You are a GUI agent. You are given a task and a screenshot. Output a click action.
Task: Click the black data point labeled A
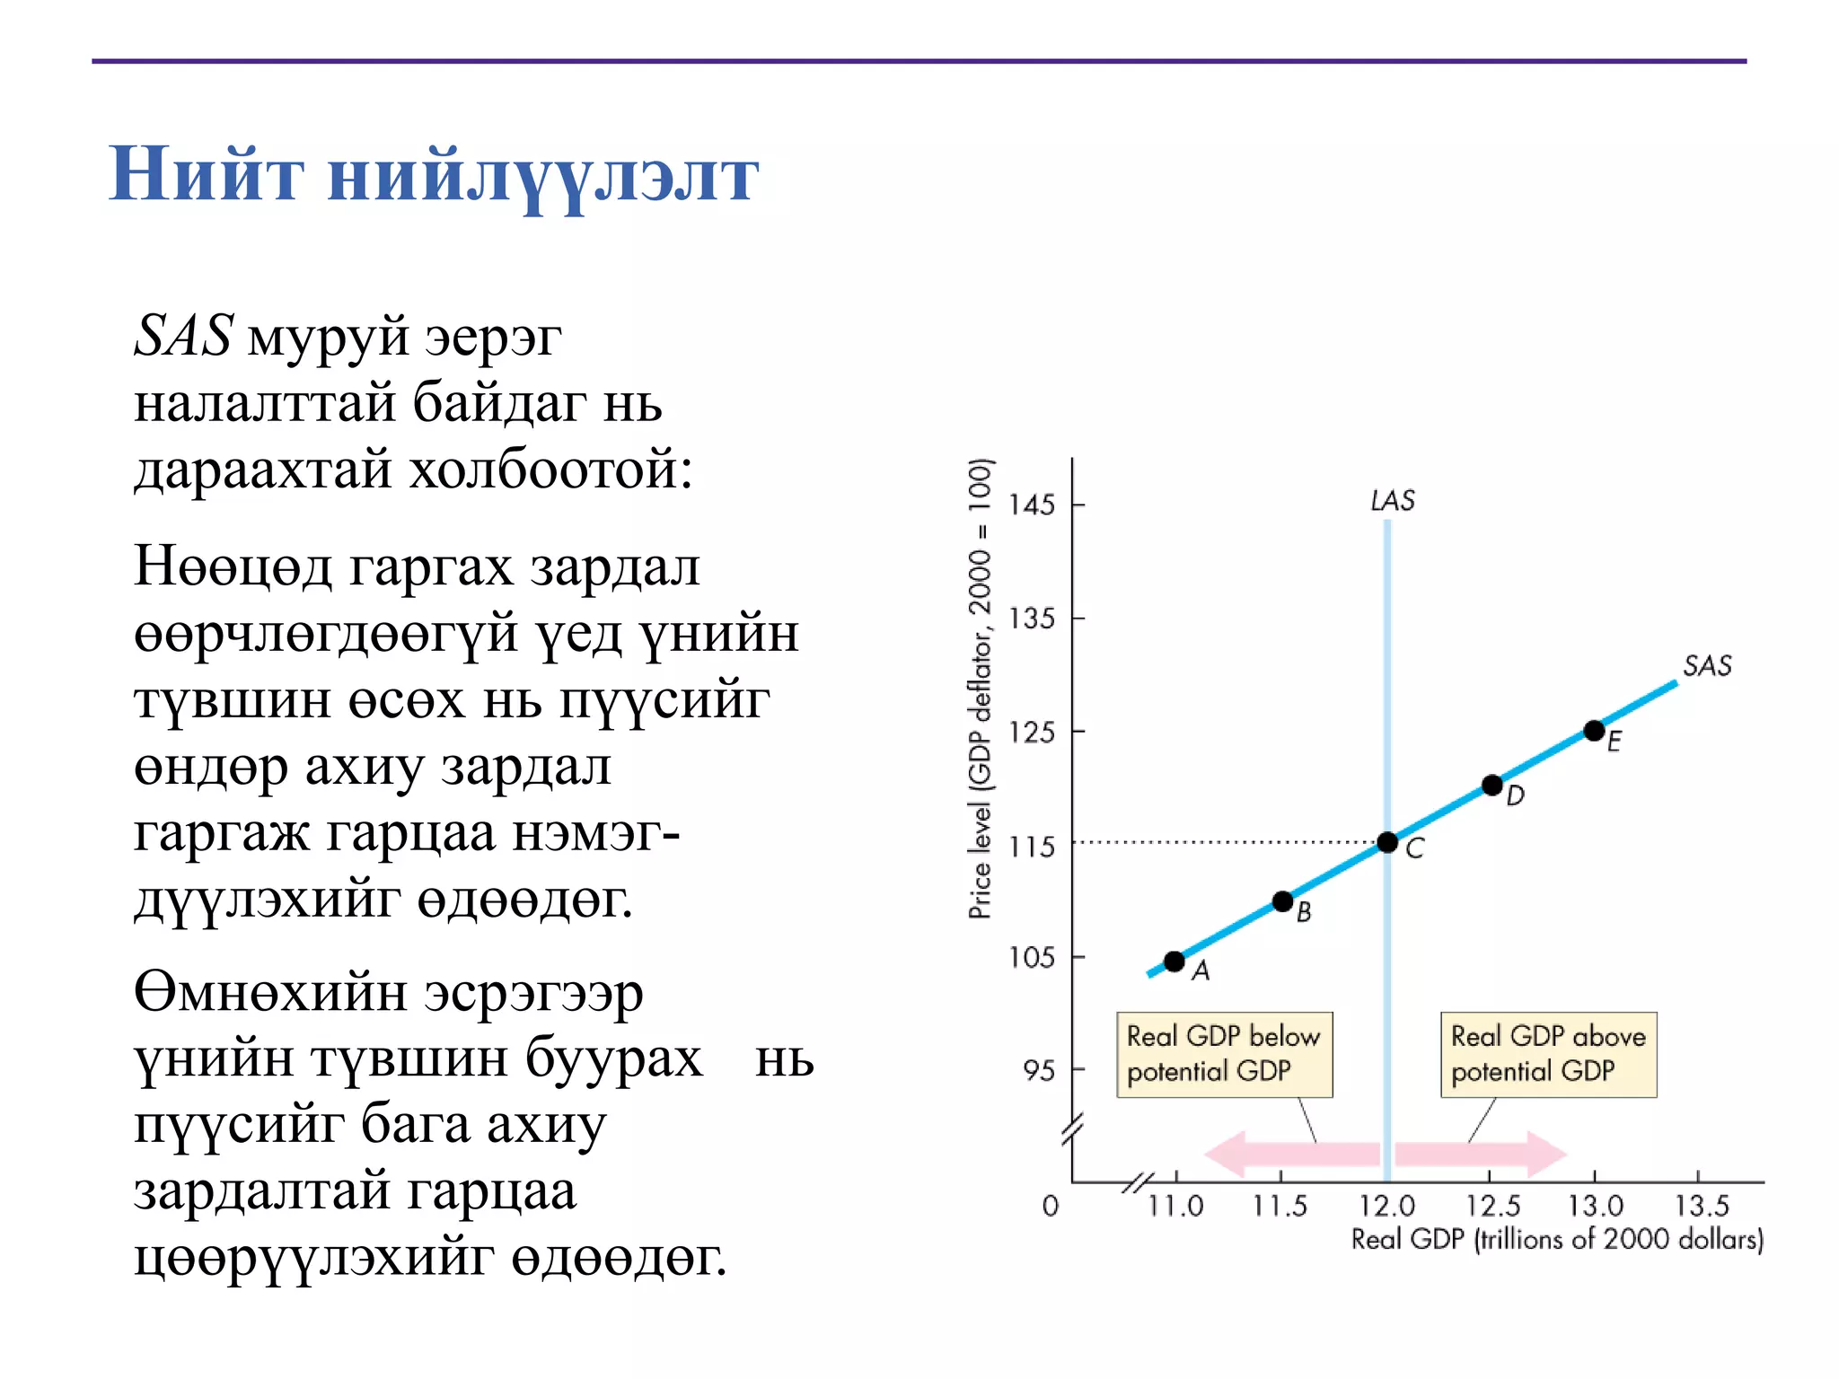(1174, 962)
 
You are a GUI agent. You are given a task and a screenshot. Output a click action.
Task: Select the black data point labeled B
(1282, 900)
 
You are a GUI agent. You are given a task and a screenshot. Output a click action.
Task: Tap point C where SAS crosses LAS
(1387, 842)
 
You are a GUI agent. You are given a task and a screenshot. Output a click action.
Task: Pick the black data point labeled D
(1491, 786)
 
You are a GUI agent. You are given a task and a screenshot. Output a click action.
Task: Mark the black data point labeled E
(1594, 731)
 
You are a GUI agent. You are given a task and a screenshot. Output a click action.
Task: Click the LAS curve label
(1393, 501)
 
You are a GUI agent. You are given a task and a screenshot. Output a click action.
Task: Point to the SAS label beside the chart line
(1707, 666)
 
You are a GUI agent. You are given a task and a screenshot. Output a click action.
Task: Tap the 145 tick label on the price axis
(1031, 505)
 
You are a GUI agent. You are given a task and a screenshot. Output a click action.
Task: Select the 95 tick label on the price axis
(1039, 1070)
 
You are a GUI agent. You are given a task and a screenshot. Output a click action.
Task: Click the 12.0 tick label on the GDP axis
(1386, 1206)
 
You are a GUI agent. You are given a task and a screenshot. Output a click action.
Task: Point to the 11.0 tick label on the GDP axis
(1175, 1206)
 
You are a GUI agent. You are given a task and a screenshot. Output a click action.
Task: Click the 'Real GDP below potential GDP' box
(1224, 1055)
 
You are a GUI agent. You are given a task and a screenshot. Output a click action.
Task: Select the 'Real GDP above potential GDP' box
(1548, 1055)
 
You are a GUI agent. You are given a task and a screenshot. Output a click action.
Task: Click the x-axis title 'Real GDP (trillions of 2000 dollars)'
(1557, 1240)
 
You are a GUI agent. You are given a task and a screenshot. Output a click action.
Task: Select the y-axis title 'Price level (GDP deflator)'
(981, 689)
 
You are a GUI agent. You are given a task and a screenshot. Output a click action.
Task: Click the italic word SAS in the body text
(184, 337)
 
